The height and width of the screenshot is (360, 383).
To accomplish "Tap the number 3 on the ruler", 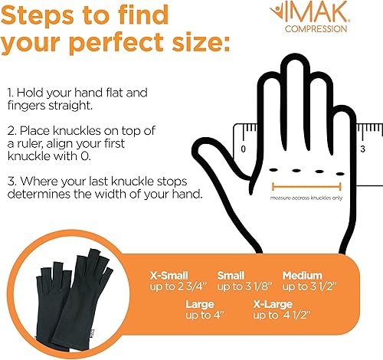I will pyautogui.click(x=361, y=146).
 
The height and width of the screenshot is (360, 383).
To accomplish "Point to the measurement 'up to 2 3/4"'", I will pyautogui.click(x=169, y=286).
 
